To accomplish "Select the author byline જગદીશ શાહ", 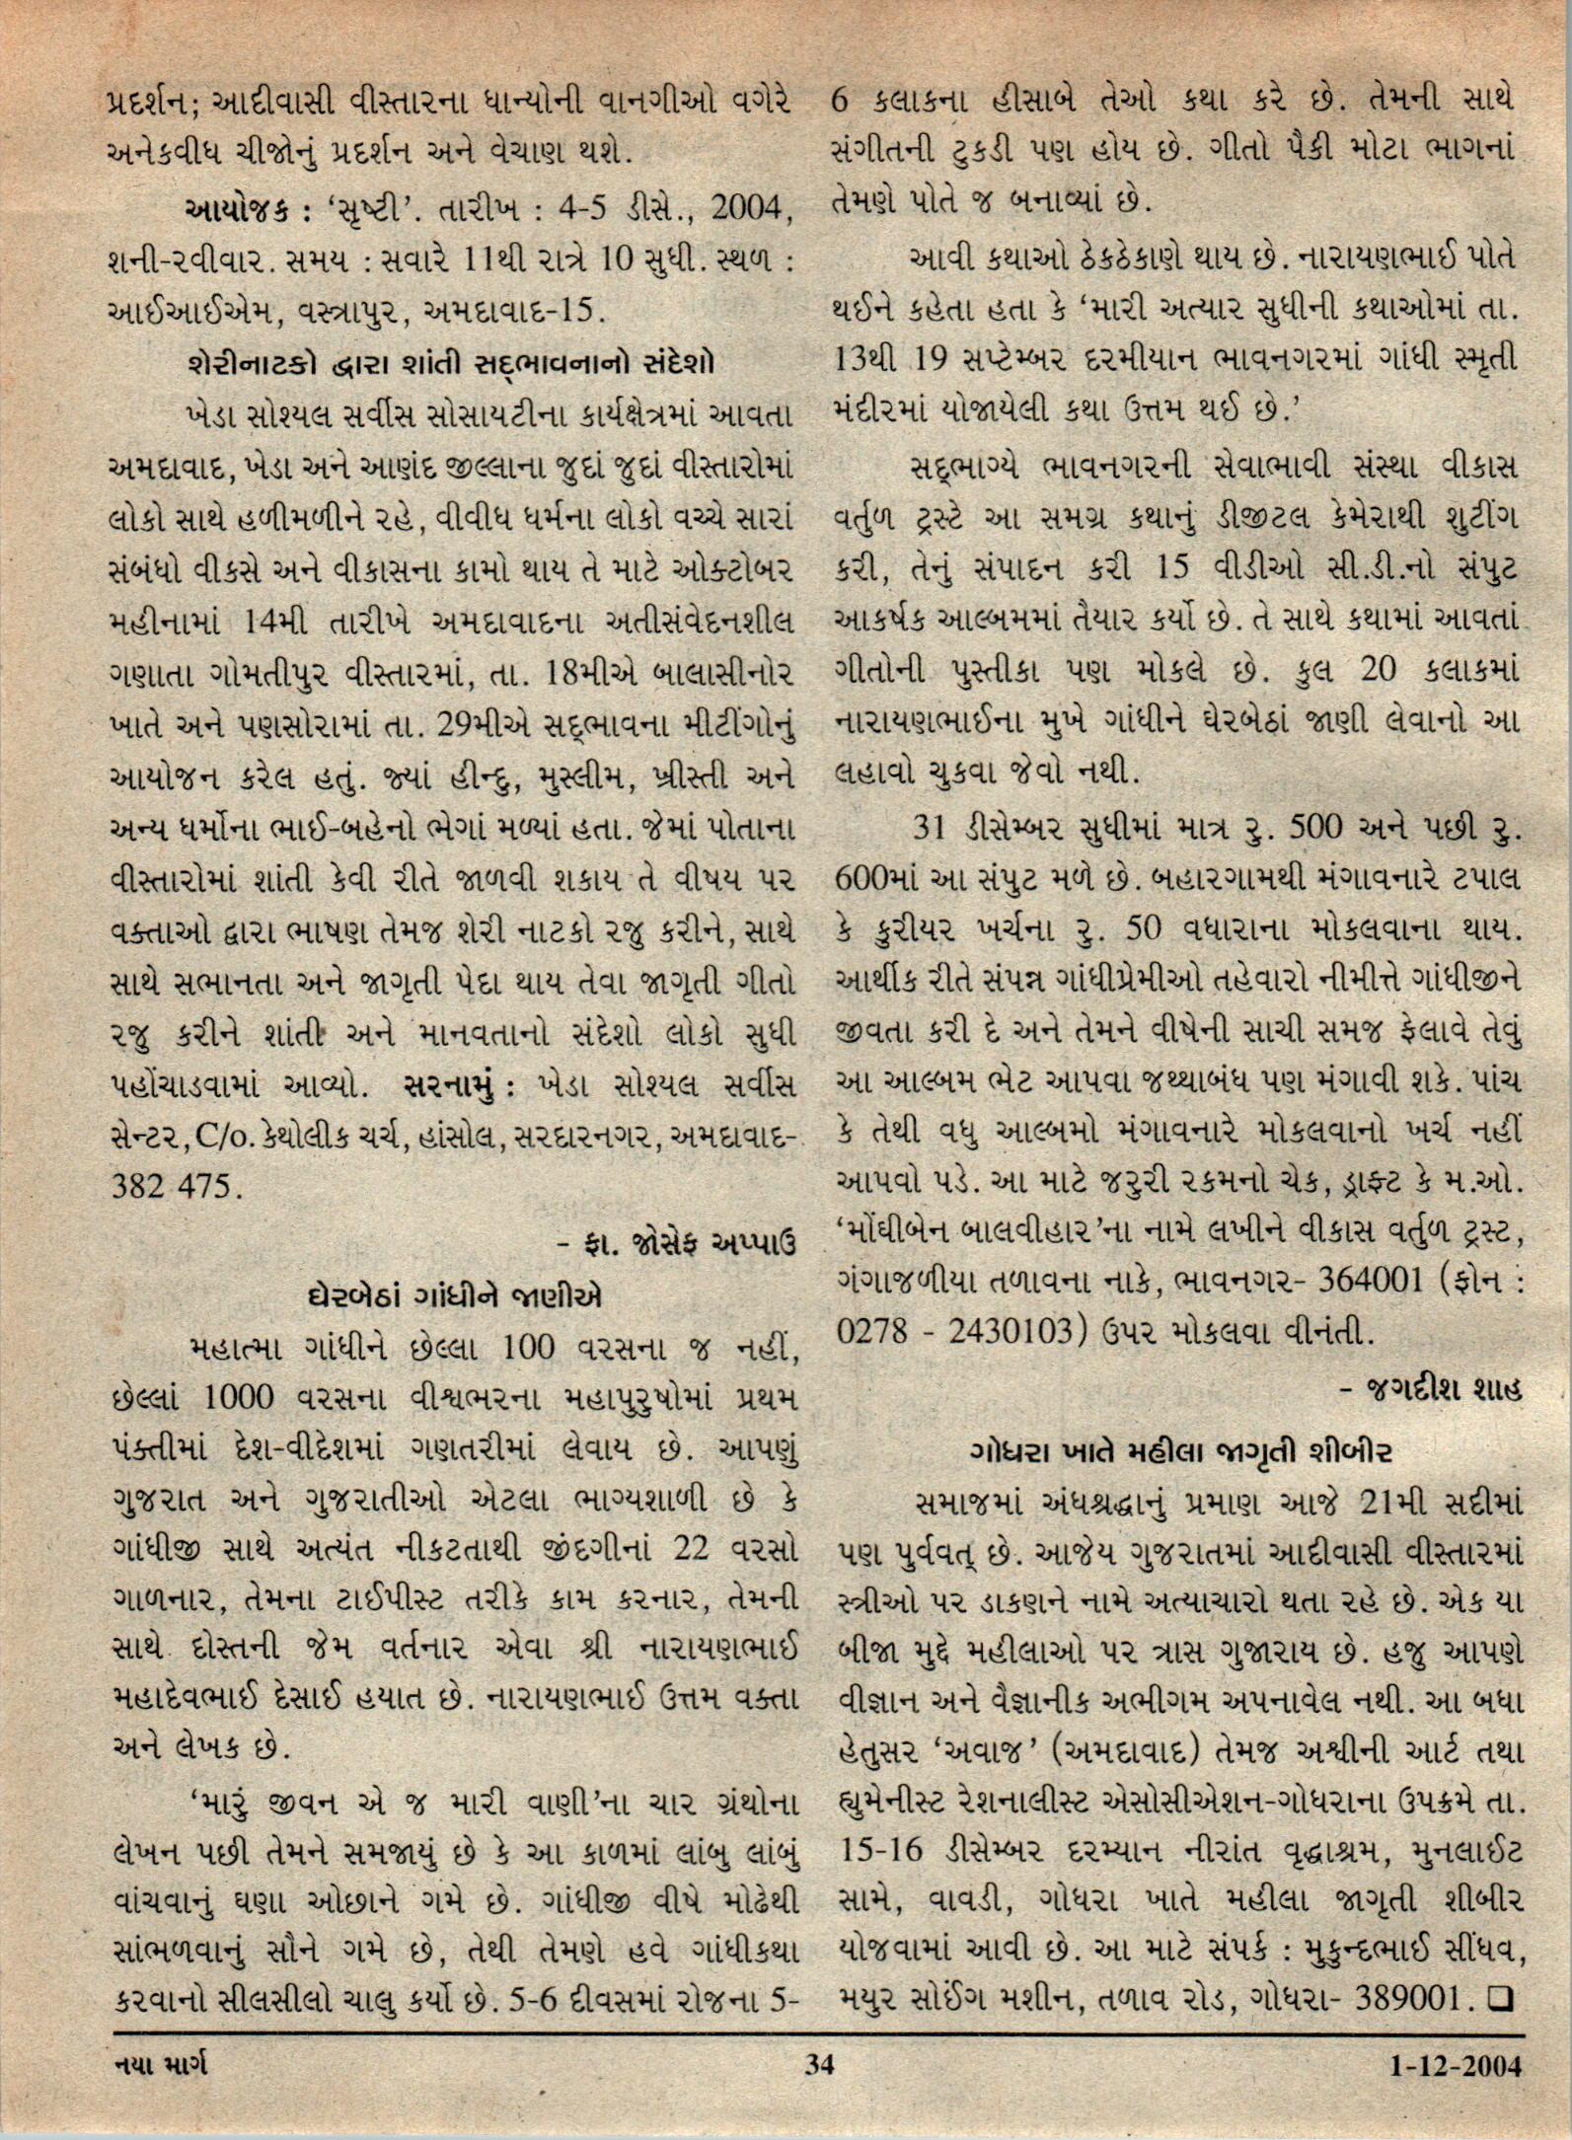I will tap(1432, 1390).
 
